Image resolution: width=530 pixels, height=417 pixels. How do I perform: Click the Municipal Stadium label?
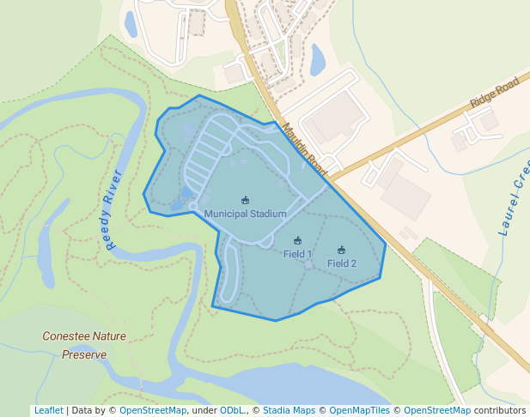click(x=245, y=214)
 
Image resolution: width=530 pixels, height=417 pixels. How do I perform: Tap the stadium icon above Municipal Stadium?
click(x=245, y=201)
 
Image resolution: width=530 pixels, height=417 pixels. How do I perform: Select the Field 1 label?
click(x=297, y=255)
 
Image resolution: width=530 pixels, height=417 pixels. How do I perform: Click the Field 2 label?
click(x=341, y=263)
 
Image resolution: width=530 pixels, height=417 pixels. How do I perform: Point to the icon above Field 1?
click(x=297, y=241)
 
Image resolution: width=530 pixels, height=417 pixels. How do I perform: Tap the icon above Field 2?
click(x=341, y=251)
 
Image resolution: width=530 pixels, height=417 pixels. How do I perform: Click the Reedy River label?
click(x=113, y=210)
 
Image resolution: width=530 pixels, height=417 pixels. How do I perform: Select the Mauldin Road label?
click(x=304, y=146)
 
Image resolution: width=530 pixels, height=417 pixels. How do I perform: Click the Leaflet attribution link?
click(x=48, y=411)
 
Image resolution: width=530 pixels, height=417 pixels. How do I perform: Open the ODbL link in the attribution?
click(x=231, y=411)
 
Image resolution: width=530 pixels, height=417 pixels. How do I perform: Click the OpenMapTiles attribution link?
click(x=360, y=411)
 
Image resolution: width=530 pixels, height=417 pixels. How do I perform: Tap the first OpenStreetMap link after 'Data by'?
click(x=152, y=411)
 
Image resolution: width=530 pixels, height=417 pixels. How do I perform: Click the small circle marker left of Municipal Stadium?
click(x=192, y=207)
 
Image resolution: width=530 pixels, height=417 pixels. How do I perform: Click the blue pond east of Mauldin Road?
click(x=317, y=59)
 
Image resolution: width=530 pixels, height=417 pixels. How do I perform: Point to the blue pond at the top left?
click(x=131, y=24)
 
